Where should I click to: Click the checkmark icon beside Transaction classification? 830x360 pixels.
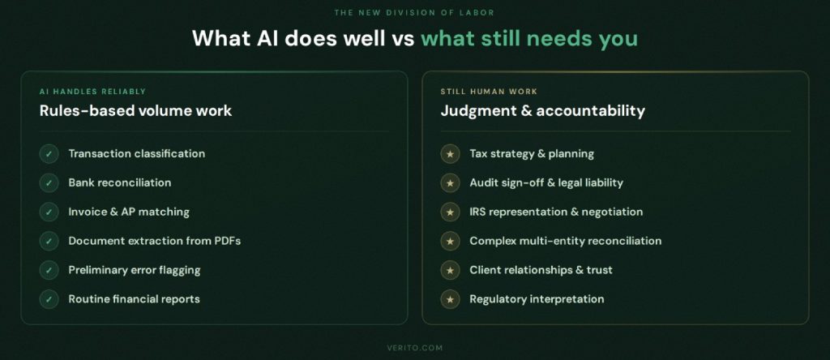click(x=49, y=154)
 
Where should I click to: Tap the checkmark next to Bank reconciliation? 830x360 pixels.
click(x=49, y=183)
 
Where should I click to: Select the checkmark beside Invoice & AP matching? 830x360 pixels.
click(x=49, y=212)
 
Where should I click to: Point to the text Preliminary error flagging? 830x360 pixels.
click(x=134, y=270)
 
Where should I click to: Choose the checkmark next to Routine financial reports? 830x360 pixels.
click(x=49, y=299)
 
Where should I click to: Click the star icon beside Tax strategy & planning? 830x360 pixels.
click(x=450, y=154)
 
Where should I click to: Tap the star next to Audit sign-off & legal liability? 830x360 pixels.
click(x=450, y=183)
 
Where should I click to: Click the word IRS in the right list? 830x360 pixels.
click(x=479, y=212)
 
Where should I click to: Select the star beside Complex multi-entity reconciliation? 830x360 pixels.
click(x=450, y=242)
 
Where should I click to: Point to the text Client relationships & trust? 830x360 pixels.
click(x=541, y=270)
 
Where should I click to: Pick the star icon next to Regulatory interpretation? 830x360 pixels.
click(x=450, y=300)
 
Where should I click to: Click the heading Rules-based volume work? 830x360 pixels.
click(x=135, y=111)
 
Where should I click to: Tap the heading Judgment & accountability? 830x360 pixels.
click(x=542, y=111)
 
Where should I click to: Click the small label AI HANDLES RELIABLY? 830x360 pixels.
click(x=92, y=92)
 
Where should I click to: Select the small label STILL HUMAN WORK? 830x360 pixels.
click(x=489, y=92)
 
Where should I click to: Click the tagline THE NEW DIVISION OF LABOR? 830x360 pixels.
click(x=414, y=11)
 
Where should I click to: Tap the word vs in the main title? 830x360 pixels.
click(x=400, y=38)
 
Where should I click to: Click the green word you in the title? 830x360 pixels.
click(x=618, y=38)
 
